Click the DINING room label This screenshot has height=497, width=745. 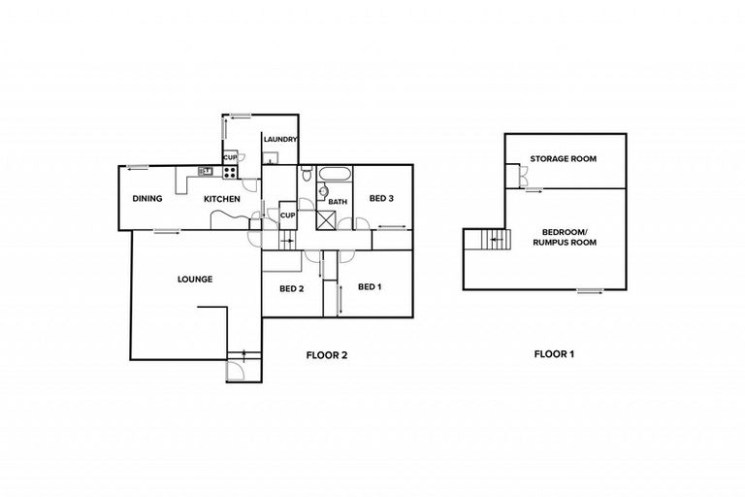pos(147,199)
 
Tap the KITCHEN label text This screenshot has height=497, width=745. pos(221,199)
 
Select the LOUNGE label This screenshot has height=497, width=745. pos(195,280)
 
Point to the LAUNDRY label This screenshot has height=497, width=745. pos(280,140)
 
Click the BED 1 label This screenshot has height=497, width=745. pos(370,287)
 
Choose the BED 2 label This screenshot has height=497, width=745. pos(292,289)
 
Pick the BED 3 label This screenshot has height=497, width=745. pos(382,199)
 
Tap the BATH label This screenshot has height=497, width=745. pos(337,202)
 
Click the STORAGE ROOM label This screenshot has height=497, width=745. pos(563,158)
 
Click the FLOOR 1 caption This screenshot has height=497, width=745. pos(555,354)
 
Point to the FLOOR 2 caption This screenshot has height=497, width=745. pos(326,355)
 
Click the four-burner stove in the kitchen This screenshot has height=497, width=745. pos(231,173)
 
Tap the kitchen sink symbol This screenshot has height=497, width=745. pos(206,172)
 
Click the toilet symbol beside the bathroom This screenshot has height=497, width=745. pos(307,175)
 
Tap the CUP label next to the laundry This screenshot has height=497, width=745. pos(230,156)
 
